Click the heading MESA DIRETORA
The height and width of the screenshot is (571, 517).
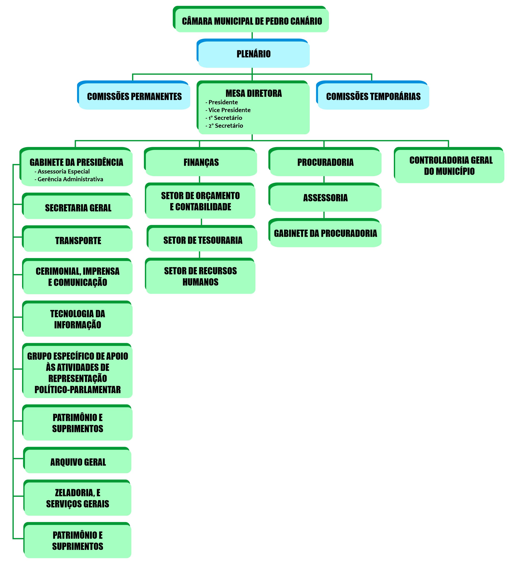[x=254, y=93]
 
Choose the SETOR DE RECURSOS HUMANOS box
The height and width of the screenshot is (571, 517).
[x=200, y=276]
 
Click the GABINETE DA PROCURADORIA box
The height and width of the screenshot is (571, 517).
[x=325, y=233]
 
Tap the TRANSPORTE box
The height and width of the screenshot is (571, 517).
[x=78, y=240]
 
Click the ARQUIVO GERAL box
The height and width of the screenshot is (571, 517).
[x=78, y=462]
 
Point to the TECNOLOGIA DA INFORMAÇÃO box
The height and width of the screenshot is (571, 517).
[x=78, y=319]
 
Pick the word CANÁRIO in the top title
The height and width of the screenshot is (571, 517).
[x=308, y=21]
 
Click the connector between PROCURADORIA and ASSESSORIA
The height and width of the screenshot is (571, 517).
[x=324, y=179]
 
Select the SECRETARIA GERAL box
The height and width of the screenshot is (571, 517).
[x=78, y=208]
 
